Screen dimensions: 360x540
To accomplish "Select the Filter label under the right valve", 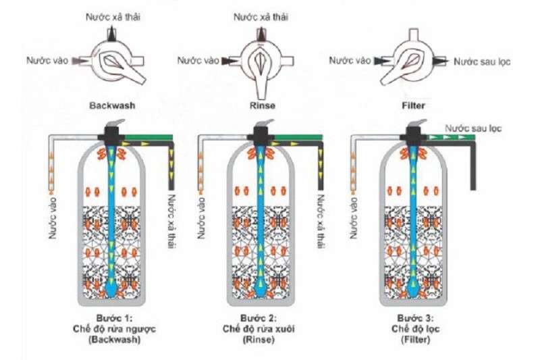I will click(x=412, y=106).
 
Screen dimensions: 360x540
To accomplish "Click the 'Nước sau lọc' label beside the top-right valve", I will click(x=482, y=61).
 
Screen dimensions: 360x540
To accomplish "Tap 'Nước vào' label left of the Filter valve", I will click(x=349, y=61).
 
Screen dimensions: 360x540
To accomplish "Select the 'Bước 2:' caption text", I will click(x=261, y=317).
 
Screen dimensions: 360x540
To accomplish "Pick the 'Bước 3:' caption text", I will click(x=412, y=317).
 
